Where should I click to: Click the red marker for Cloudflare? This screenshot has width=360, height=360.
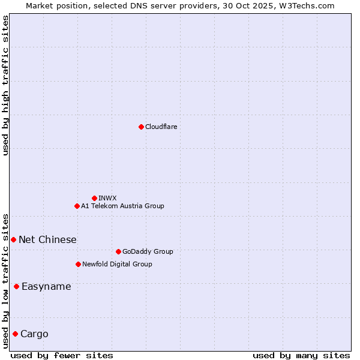(141, 127)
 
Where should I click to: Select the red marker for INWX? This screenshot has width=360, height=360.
(94, 198)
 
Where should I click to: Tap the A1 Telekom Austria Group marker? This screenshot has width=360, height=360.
(77, 206)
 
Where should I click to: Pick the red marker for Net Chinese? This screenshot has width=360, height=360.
(13, 239)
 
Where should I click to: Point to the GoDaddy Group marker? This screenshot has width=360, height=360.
(118, 251)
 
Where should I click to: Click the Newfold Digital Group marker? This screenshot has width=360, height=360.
(78, 264)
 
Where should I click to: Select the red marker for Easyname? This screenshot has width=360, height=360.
(16, 286)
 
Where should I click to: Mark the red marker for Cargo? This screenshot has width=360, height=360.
(15, 334)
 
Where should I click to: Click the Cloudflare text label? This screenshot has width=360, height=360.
(161, 127)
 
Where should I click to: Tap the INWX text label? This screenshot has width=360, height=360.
(107, 198)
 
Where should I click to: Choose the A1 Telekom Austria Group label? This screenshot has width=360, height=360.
(122, 206)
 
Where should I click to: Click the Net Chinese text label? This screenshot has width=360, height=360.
(47, 239)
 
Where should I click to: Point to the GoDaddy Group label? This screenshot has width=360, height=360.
(148, 251)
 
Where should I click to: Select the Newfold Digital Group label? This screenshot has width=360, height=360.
(117, 264)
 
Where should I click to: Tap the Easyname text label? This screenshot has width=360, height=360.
(46, 286)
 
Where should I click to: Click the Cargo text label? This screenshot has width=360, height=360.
(34, 334)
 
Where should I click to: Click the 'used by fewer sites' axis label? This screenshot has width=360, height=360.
(62, 355)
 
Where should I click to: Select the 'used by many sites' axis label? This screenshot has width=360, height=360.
(301, 355)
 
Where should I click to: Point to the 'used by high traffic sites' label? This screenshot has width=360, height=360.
(6, 85)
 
